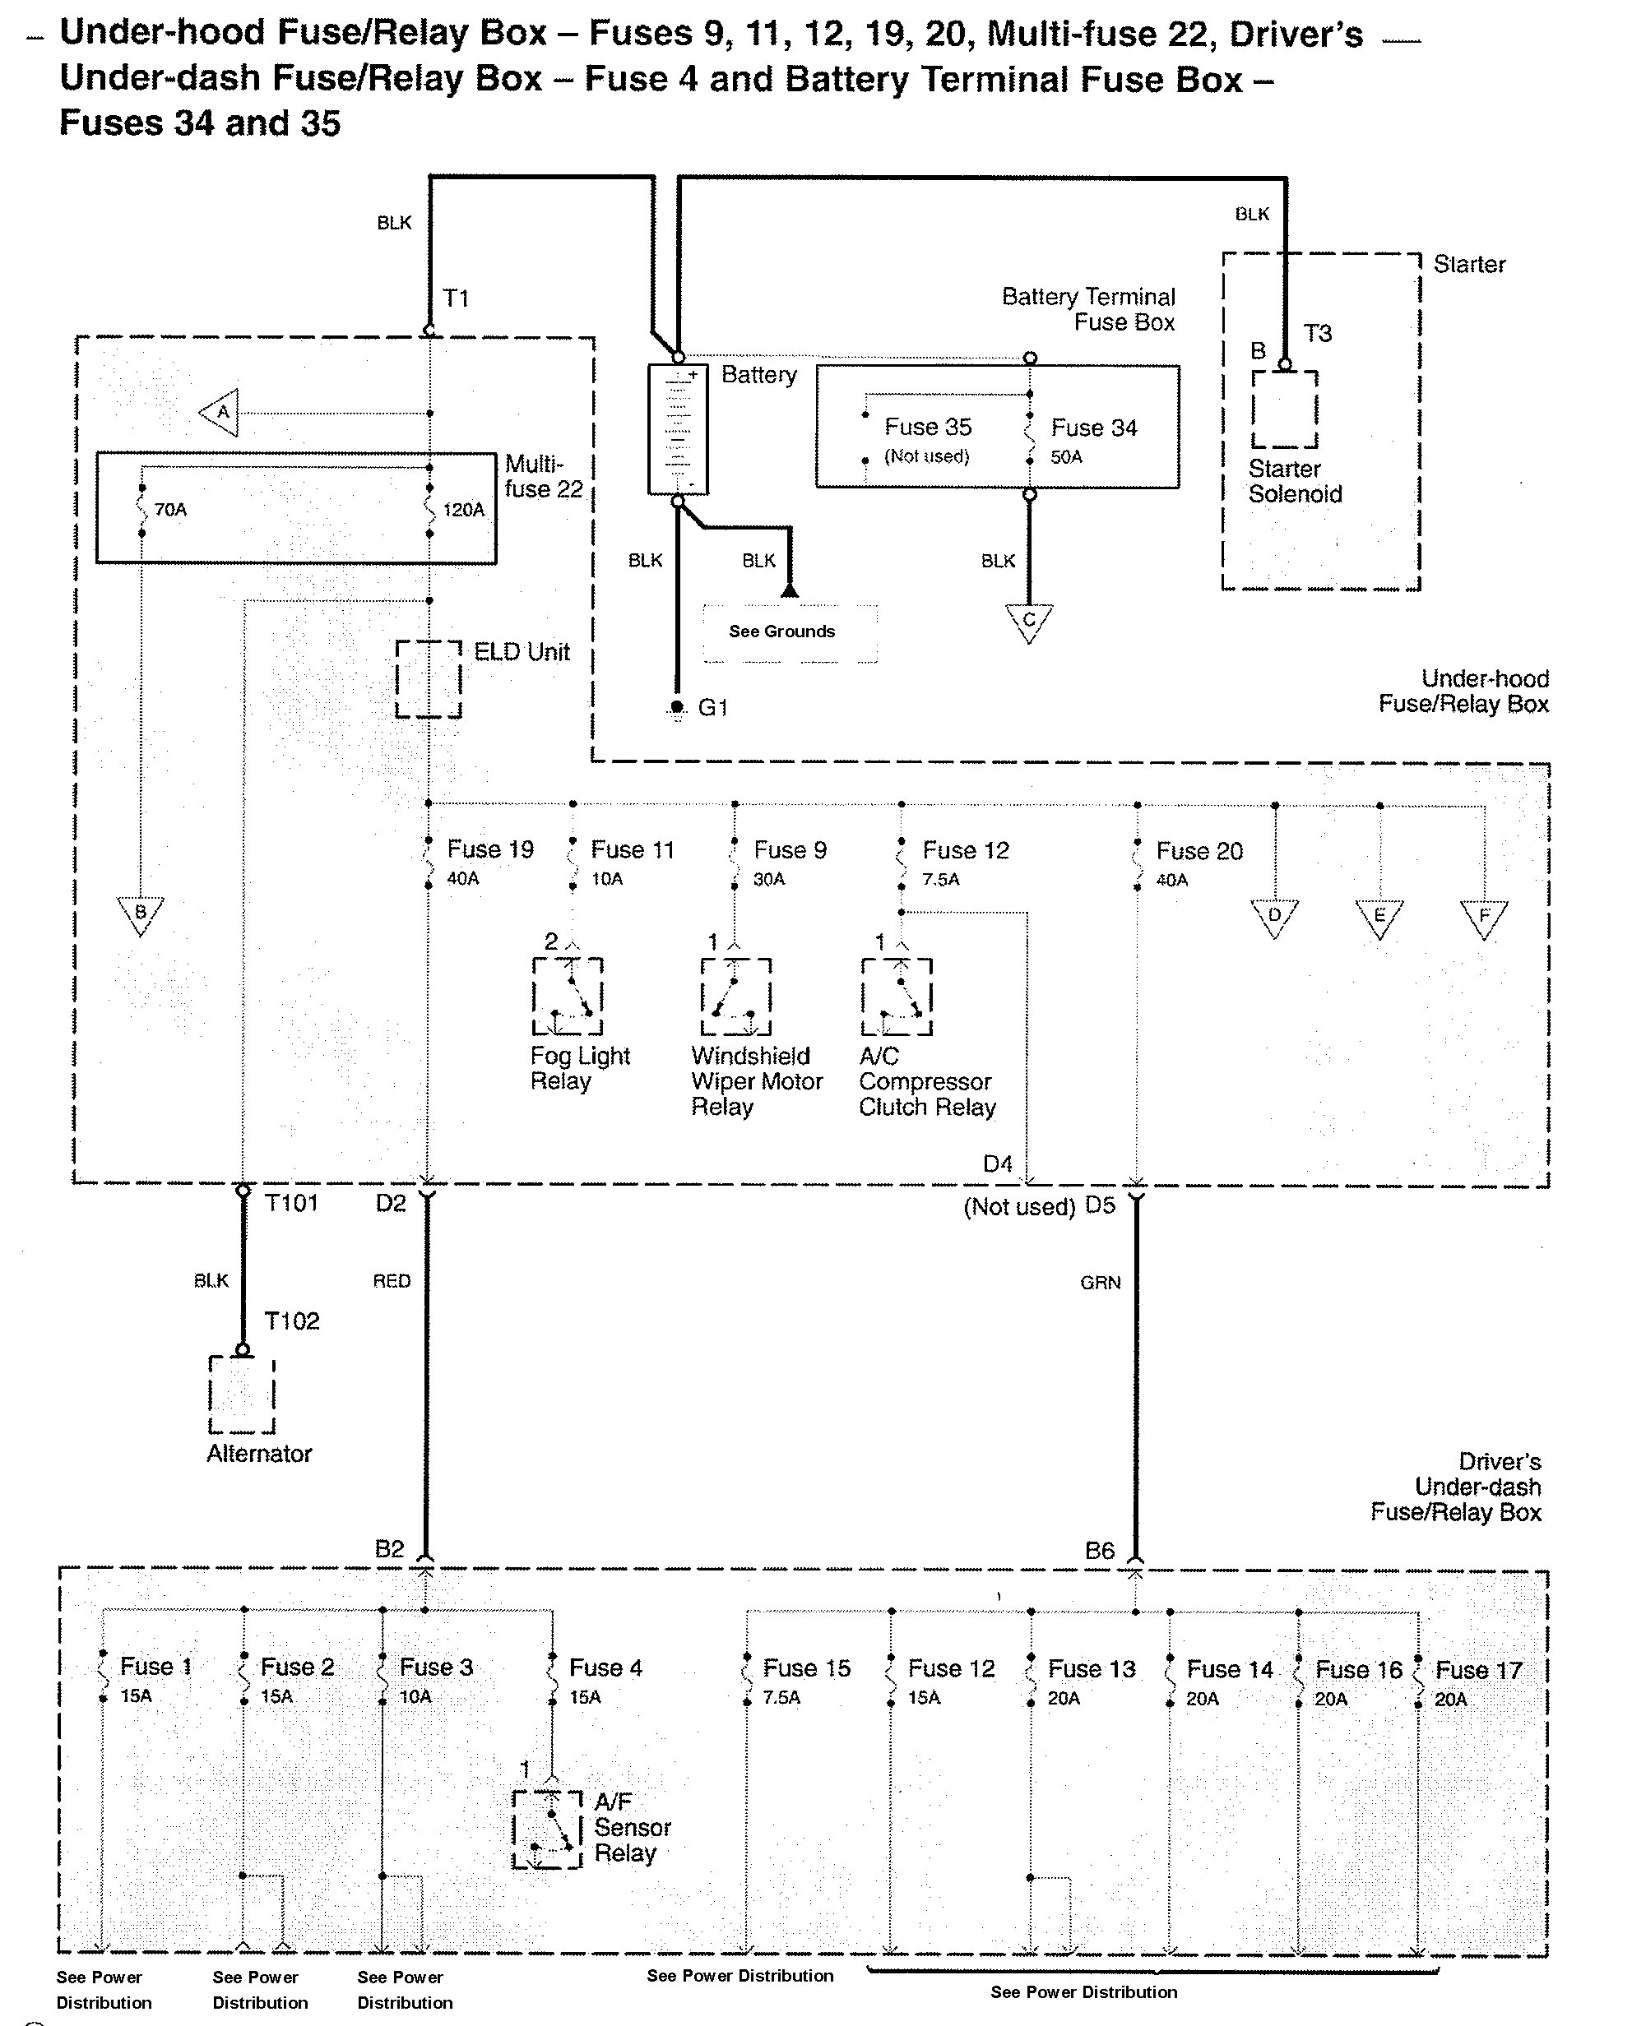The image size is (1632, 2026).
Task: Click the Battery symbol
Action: tap(678, 429)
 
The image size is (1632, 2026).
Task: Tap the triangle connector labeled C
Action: tap(1028, 622)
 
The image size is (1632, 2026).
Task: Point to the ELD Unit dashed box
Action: tap(429, 678)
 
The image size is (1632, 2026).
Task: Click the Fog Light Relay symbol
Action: tap(567, 996)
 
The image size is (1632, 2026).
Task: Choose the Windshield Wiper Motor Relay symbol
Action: tap(735, 996)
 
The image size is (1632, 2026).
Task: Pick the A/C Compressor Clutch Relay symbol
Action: tap(896, 996)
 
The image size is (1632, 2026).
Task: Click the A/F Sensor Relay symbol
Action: tap(548, 1829)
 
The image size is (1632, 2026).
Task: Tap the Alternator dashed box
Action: tap(243, 1395)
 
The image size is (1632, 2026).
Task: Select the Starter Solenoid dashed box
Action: tap(1284, 409)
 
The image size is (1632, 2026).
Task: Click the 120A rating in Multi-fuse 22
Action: tap(463, 511)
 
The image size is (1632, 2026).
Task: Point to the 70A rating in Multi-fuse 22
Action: tap(170, 511)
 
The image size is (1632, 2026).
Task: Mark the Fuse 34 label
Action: tap(1093, 428)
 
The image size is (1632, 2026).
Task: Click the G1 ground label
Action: tap(712, 708)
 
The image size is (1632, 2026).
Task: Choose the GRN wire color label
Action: tap(1100, 1283)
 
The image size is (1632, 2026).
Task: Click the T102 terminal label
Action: tap(292, 1321)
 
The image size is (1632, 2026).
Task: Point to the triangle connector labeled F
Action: tap(1483, 917)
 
